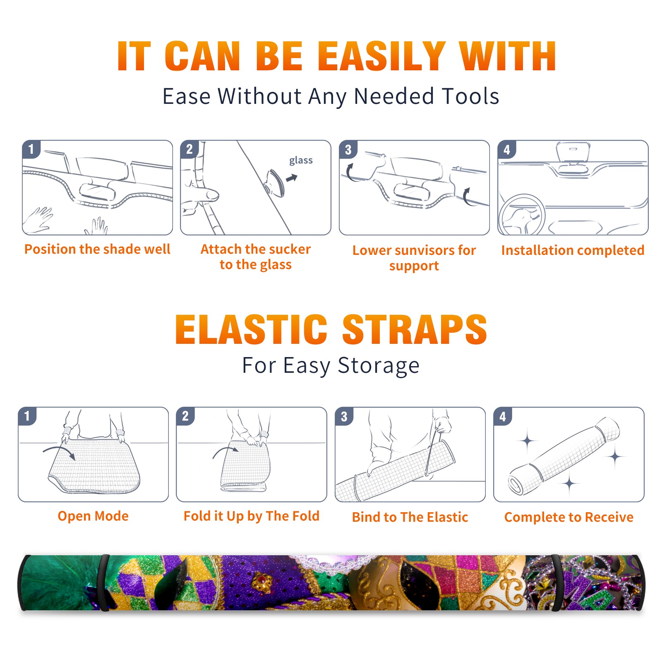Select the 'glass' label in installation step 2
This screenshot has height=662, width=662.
coord(301,160)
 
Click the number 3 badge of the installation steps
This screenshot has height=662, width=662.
coord(348,149)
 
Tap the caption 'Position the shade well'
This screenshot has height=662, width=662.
coord(97,249)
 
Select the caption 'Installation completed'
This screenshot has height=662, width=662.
coord(573,250)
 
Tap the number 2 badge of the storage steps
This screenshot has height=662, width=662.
coord(185,416)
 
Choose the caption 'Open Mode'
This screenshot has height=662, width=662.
coord(93,516)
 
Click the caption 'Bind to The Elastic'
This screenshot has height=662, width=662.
coord(410,517)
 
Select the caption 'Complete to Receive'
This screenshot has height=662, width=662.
coord(569,517)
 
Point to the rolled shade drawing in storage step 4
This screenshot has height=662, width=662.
coord(564,455)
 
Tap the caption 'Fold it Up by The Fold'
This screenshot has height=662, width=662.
coord(252,516)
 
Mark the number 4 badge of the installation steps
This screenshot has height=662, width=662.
coord(507,149)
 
